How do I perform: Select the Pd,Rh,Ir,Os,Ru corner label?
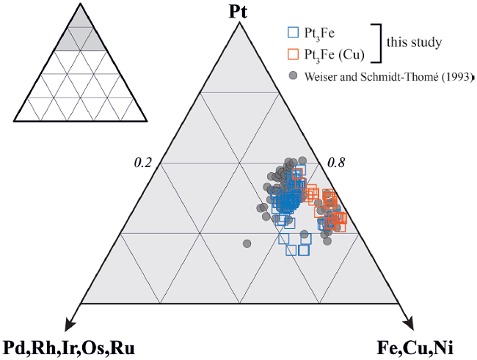70,347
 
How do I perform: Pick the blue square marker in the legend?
293,32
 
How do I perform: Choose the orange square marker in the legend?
293,54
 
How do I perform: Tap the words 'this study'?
415,43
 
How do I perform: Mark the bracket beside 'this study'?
380,43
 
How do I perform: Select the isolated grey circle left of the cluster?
247,242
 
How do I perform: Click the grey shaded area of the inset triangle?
80,37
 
